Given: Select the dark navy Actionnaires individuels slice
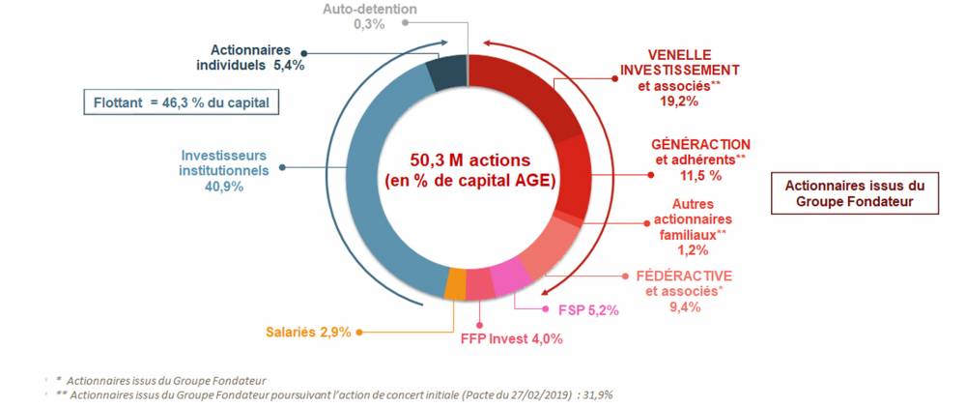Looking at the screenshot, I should [447, 73].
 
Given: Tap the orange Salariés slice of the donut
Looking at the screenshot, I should [456, 284].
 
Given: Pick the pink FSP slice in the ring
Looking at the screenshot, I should [508, 278].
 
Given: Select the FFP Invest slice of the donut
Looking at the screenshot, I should [480, 285].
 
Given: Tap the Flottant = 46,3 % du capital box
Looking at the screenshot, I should [181, 102].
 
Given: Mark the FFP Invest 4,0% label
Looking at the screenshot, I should [511, 338].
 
